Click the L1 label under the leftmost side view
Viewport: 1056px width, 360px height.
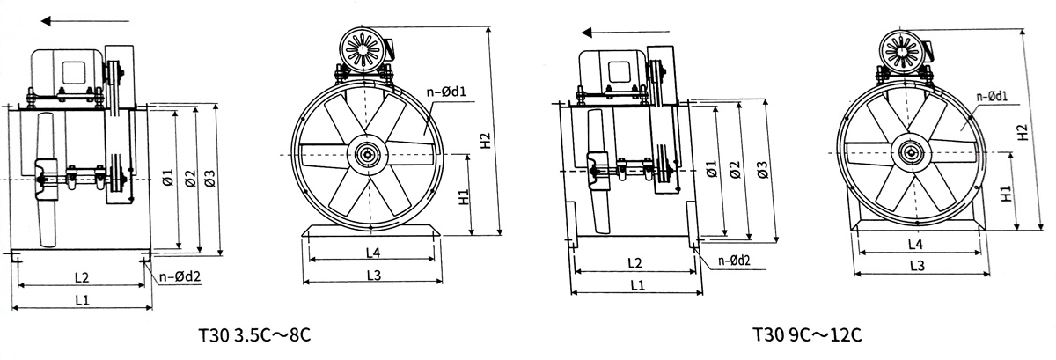point(82,300)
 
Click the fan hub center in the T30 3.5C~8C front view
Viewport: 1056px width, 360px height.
point(366,156)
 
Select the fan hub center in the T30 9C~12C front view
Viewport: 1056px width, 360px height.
point(908,151)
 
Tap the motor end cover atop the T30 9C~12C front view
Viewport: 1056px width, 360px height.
point(901,49)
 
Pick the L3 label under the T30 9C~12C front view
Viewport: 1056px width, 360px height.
point(916,265)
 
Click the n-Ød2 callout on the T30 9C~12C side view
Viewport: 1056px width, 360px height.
point(734,261)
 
